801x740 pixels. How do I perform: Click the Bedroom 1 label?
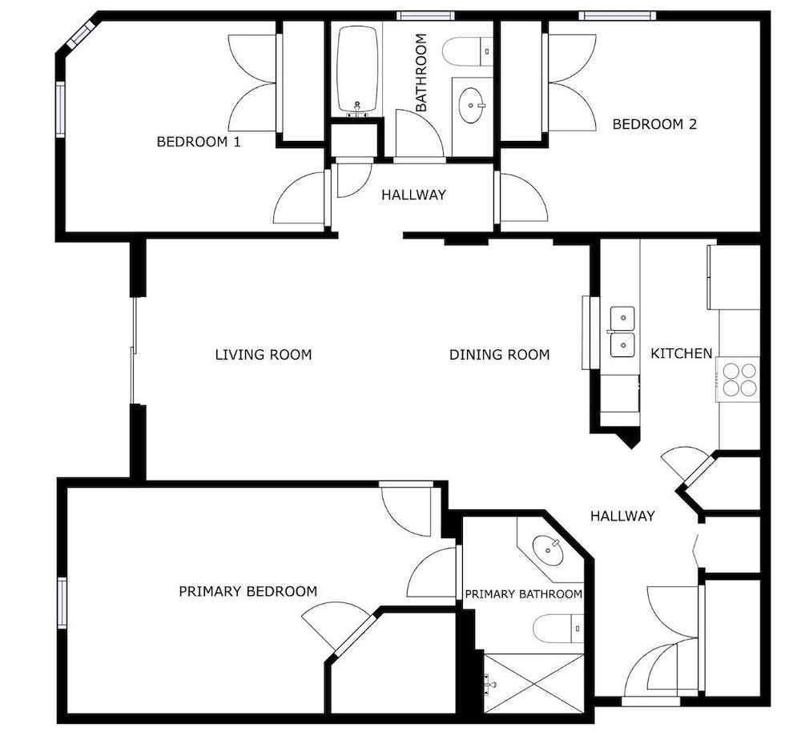click(x=198, y=142)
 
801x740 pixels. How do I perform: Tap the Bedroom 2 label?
click(x=654, y=124)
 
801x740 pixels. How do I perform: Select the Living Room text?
click(x=263, y=355)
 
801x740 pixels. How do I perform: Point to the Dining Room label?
click(x=499, y=355)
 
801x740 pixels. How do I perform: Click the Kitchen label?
click(x=681, y=353)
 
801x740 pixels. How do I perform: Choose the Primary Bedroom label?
click(x=248, y=591)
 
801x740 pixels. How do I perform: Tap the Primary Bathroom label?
click(x=523, y=594)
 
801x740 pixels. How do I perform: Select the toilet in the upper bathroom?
click(x=468, y=51)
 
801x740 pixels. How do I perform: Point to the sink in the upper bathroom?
click(x=471, y=106)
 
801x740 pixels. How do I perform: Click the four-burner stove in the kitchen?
click(x=739, y=380)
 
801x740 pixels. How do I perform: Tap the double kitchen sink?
click(x=622, y=332)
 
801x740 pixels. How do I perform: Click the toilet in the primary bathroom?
click(x=557, y=629)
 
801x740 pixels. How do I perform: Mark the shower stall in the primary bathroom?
click(x=533, y=683)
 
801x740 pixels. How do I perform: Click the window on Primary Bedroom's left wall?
click(x=62, y=602)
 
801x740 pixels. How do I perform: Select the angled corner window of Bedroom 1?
click(x=82, y=34)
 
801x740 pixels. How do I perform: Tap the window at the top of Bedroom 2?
click(x=617, y=16)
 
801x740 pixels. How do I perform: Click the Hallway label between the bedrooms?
click(x=414, y=195)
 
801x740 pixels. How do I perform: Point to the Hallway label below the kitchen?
click(x=622, y=516)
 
